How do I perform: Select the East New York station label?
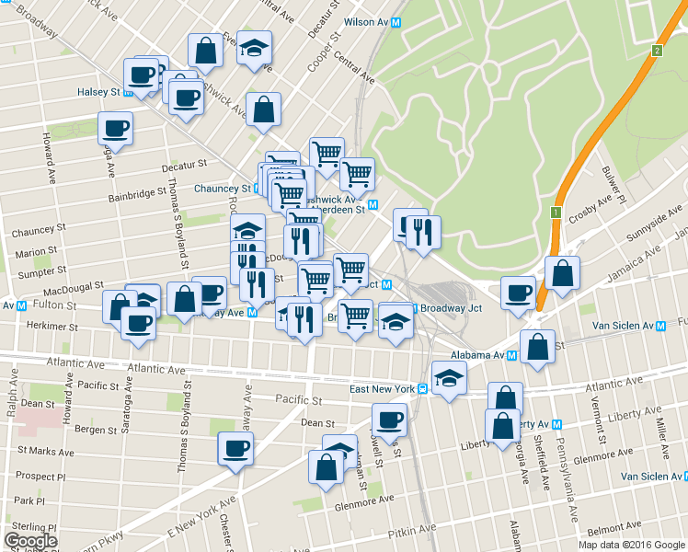coord(380,389)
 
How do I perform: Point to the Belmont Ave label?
coord(613,531)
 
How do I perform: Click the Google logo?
coord(30,541)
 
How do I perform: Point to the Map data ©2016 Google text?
coord(631,545)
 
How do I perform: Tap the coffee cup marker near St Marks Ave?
coord(235,450)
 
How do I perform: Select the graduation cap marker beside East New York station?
coord(448,379)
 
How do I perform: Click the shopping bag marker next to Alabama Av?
coord(537,347)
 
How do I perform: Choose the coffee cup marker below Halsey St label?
coord(115,128)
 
